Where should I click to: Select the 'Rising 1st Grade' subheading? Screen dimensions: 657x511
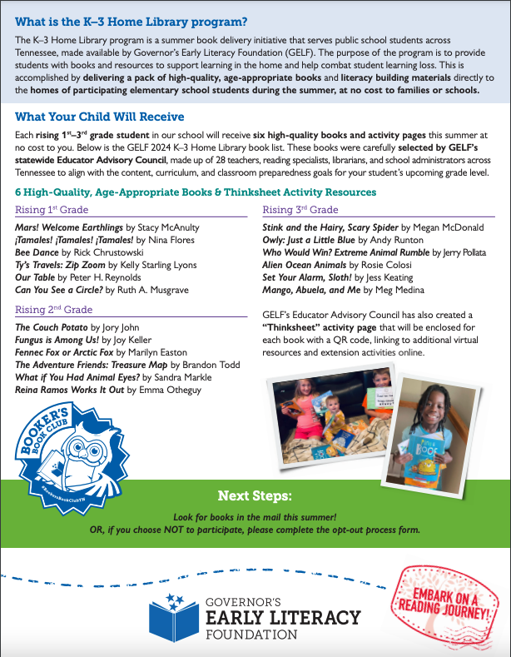tap(52, 210)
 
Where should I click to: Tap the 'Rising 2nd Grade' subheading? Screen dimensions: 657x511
tap(52, 310)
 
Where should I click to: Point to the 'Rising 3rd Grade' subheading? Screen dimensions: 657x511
tap(300, 210)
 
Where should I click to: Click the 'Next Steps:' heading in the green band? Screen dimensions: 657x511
tap(255, 496)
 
